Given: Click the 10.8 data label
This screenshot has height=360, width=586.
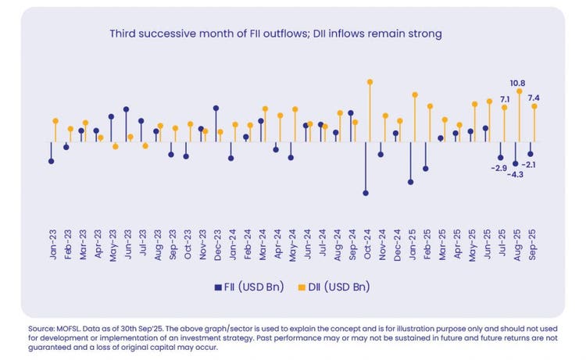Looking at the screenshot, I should [x=516, y=82].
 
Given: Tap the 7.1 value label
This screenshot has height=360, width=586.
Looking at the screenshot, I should [x=505, y=99].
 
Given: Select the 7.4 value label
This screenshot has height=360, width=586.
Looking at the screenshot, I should [x=534, y=98].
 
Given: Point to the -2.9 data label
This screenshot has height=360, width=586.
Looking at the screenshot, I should [x=498, y=168].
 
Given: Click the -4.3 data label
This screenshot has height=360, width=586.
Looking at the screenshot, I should [x=516, y=174].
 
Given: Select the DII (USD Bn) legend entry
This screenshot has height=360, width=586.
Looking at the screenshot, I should [x=338, y=288].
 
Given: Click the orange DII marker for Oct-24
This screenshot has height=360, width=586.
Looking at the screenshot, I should [x=370, y=81].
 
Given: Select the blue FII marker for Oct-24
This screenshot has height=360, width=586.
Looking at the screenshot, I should [x=365, y=193].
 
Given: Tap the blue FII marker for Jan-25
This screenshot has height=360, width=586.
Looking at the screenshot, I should [x=410, y=182].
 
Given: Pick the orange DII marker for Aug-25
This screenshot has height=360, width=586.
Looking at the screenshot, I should [x=520, y=91].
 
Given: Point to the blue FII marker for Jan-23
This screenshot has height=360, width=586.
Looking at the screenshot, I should [x=51, y=162].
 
